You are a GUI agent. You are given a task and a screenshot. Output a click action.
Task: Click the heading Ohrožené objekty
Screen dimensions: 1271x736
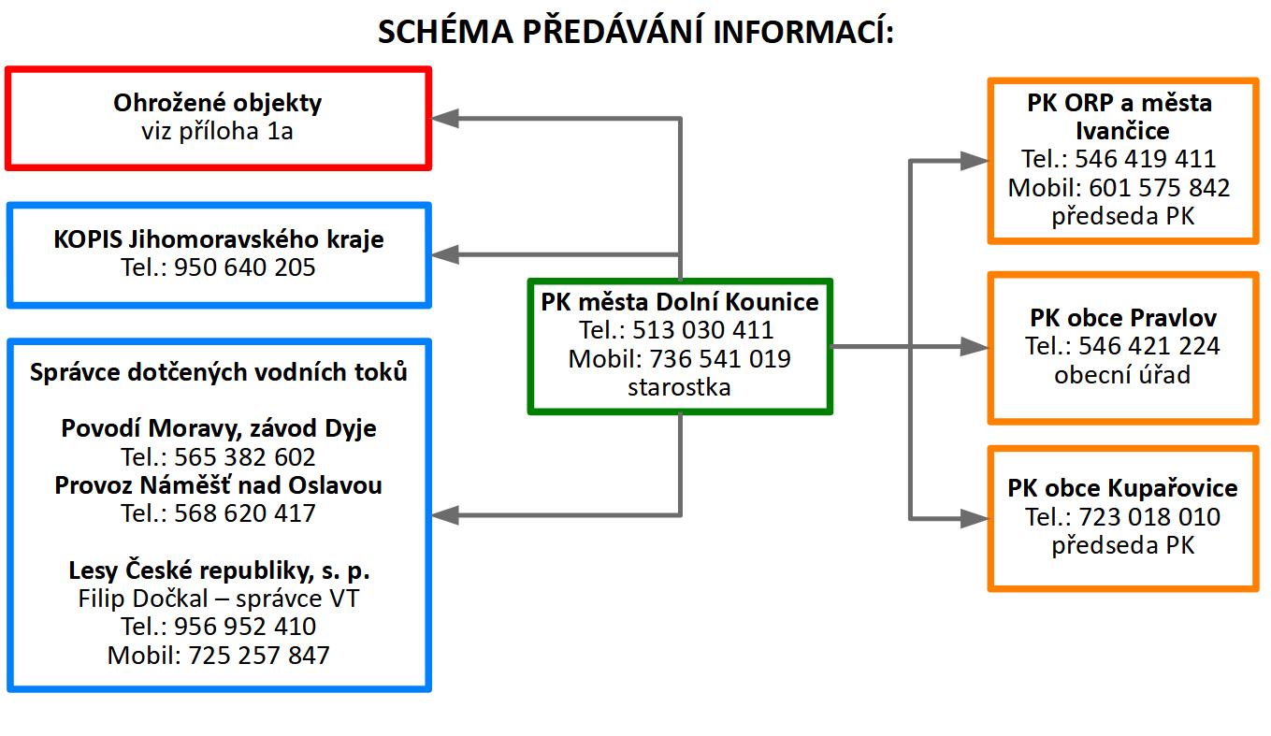coord(218,104)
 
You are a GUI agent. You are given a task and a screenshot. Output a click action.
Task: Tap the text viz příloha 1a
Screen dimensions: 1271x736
coord(217,132)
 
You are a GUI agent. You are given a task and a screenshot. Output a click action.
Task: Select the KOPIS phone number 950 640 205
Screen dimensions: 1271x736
coord(244,267)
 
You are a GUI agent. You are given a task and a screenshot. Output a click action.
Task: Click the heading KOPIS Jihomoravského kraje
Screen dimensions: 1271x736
coord(219,239)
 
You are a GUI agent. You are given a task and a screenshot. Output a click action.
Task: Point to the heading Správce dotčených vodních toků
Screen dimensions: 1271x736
coord(219,372)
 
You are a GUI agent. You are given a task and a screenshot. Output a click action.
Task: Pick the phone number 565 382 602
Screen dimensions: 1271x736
coord(244,457)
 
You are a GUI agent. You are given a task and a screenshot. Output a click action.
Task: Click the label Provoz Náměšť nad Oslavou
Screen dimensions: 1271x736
coord(219,485)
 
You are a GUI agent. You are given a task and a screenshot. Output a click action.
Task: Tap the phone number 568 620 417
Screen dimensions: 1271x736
coord(244,513)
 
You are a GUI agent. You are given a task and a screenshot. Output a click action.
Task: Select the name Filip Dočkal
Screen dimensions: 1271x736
coord(143,599)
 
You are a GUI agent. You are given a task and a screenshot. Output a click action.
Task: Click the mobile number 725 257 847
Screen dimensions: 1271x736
coord(259,656)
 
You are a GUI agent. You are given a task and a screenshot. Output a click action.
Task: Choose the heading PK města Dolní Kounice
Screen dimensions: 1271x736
coord(680,302)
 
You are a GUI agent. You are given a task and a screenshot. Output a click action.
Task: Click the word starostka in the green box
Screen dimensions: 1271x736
coord(679,387)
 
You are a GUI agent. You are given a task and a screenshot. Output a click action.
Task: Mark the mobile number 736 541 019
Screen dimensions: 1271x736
coord(720,359)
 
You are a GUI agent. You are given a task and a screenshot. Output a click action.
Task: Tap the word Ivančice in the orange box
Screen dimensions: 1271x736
coord(1123,131)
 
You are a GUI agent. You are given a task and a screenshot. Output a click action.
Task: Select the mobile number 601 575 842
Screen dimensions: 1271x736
coord(1159,188)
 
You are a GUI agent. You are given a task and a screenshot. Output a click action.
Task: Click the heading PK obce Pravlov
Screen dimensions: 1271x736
coord(1123,318)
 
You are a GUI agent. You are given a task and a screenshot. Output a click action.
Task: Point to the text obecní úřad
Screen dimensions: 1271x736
coord(1122,374)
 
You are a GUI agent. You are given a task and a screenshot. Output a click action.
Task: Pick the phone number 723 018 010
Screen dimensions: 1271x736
coord(1149,517)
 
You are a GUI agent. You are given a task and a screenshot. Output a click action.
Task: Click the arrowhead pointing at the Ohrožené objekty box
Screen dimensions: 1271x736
coord(445,118)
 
